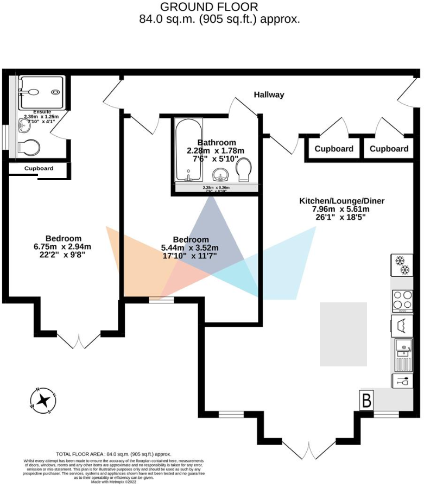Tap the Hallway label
[x=269, y=95]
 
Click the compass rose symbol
[x=43, y=401]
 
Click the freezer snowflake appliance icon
[x=402, y=265]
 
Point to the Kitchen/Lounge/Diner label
[x=342, y=201]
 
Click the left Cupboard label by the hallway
[x=334, y=149]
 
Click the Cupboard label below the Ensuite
[x=39, y=169]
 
